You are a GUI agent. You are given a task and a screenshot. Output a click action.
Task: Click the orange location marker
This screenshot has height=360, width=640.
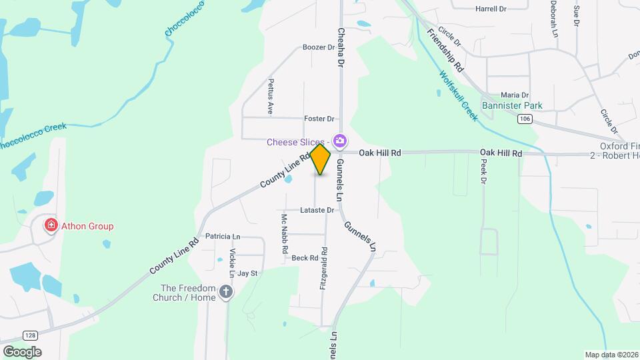[321, 159]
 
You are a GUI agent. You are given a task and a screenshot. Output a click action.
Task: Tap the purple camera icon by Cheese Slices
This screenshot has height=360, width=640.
[340, 141]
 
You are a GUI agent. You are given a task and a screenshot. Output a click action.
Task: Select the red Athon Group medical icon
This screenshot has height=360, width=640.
[50, 226]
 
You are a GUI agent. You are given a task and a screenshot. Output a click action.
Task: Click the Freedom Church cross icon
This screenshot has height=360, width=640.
[226, 291]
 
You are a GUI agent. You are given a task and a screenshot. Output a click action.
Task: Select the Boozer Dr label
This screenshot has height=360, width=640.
[318, 47]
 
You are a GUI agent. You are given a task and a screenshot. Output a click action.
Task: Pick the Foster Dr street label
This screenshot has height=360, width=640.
[319, 119]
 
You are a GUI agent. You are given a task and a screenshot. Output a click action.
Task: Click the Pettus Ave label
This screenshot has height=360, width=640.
[271, 97]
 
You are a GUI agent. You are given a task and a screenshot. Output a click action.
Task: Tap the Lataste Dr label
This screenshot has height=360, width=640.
[317, 210]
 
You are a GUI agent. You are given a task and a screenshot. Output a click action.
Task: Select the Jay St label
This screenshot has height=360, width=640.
[247, 273]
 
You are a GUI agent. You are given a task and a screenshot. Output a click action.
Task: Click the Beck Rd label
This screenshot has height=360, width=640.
[305, 258]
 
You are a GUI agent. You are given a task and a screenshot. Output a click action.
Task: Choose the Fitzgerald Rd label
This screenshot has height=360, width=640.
[323, 269]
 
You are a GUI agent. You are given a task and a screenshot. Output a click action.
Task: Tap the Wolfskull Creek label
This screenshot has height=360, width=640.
[459, 96]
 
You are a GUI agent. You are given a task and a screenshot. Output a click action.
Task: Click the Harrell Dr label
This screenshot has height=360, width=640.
[491, 9]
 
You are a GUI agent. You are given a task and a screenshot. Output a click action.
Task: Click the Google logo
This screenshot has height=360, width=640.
[22, 351]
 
